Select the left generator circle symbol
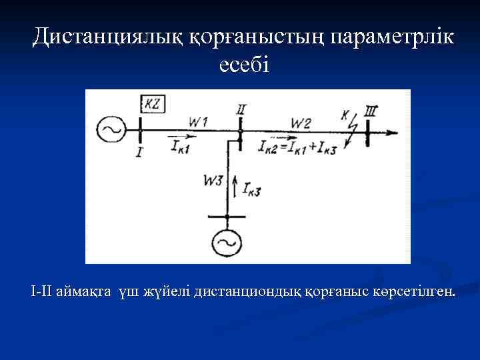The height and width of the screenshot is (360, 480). coord(111,129)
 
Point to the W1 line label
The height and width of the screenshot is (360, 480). coord(198,121)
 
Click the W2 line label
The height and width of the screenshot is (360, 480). coord(300,121)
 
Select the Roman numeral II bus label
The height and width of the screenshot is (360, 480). coord(241,109)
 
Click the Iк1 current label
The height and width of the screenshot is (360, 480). coord(179,147)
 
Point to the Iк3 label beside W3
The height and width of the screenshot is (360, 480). coord(251,191)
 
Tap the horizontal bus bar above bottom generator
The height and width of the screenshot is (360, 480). coord(227,217)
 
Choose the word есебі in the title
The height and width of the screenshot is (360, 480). coord(243,65)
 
